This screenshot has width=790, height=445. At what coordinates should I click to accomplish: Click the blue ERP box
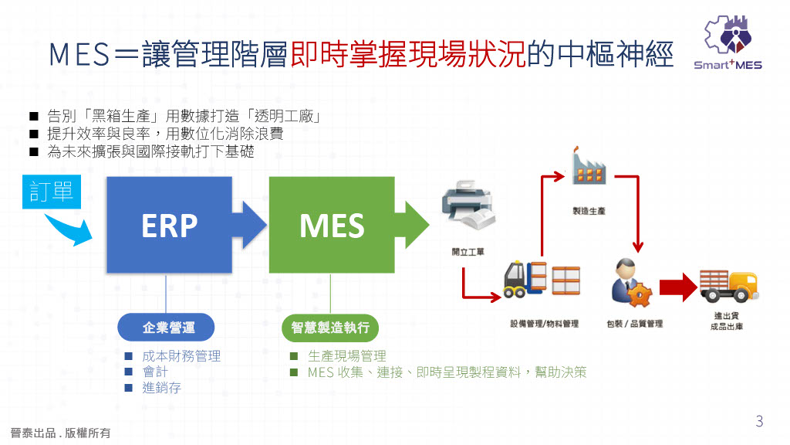(x=169, y=225)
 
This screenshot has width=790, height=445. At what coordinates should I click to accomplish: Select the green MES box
(x=331, y=225)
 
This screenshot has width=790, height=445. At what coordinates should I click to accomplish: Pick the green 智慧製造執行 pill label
(x=331, y=328)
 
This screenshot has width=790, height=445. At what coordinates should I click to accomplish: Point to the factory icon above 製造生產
(x=588, y=166)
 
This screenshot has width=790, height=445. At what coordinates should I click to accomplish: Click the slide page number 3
(x=759, y=421)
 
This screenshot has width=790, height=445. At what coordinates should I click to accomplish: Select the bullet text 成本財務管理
(x=181, y=356)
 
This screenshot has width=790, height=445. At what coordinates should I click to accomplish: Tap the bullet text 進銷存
(x=161, y=388)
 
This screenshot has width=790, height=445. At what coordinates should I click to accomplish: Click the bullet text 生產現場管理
(x=346, y=356)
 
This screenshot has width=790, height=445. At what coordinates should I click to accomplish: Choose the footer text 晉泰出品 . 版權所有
(x=60, y=433)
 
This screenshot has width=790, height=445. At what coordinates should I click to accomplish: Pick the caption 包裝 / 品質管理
(x=634, y=324)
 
